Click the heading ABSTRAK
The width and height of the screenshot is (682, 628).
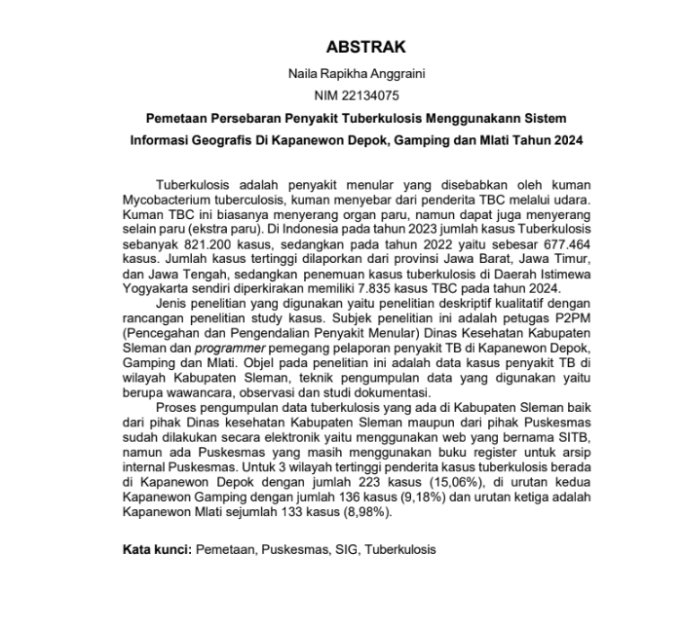pos(365,47)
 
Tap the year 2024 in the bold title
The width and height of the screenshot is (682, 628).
pos(566,140)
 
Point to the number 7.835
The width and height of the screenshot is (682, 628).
pos(375,287)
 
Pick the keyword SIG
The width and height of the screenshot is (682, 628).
pos(343,550)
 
